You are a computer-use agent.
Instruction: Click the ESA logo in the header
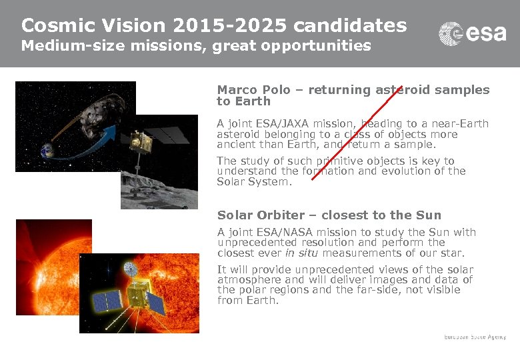(x=472, y=33)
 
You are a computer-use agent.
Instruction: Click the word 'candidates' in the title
(x=350, y=25)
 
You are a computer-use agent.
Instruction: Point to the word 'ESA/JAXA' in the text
(x=278, y=123)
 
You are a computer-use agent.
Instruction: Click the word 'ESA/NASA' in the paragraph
(x=279, y=233)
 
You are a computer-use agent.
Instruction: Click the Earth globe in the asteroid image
(x=48, y=150)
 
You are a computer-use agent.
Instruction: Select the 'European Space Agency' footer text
(x=475, y=337)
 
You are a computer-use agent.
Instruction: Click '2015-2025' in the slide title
(x=230, y=25)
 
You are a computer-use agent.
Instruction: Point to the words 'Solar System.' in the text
(x=254, y=182)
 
